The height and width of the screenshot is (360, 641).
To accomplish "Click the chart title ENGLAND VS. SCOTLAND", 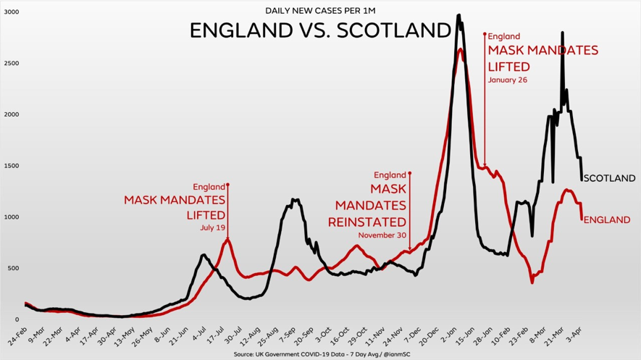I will click(x=320, y=30).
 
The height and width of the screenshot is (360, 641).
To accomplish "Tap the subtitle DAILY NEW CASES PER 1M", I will click(x=320, y=10).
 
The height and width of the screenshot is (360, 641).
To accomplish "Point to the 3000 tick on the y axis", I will click(x=12, y=12).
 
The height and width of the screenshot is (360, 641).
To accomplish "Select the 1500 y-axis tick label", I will click(x=12, y=166).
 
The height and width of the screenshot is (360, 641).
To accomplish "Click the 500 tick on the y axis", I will click(x=14, y=269).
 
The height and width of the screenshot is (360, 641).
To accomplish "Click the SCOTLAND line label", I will click(x=609, y=178).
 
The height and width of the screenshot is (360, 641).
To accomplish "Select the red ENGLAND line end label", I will click(x=606, y=219).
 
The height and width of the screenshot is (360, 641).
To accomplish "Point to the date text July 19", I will click(x=213, y=227).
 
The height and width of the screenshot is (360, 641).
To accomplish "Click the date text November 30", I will click(x=382, y=235).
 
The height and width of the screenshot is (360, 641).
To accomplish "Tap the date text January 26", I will click(x=507, y=80).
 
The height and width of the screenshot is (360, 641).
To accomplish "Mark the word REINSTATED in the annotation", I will click(x=367, y=222).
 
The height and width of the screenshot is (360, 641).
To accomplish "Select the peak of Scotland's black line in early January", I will click(x=458, y=15).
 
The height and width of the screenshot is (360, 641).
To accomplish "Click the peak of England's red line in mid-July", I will click(x=227, y=239).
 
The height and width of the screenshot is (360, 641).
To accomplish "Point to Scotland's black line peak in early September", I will click(x=294, y=199).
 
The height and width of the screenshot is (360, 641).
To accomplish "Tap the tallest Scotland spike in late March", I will click(x=562, y=33).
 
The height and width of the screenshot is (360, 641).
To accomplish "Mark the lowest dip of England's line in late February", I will click(x=532, y=282).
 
